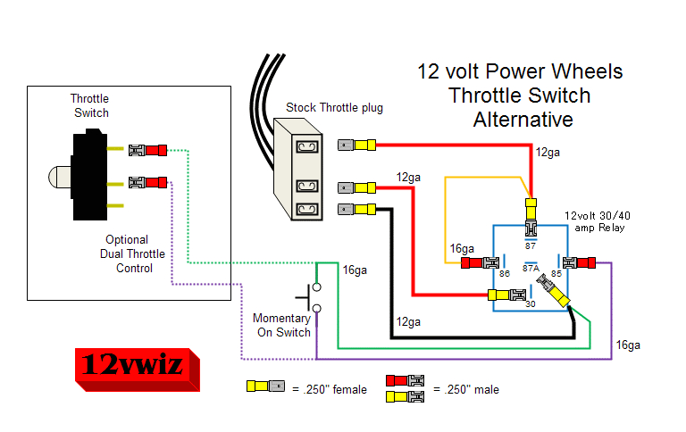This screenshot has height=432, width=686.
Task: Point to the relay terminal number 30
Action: pos(529,303)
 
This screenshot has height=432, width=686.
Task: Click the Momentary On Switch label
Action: pos(281,325)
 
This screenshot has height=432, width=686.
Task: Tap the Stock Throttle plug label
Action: pos(334,108)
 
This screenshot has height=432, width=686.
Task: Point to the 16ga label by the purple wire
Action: pos(628,345)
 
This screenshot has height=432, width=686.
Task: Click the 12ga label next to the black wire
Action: pos(407,322)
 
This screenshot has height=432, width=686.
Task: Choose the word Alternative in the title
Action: pos(523,119)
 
